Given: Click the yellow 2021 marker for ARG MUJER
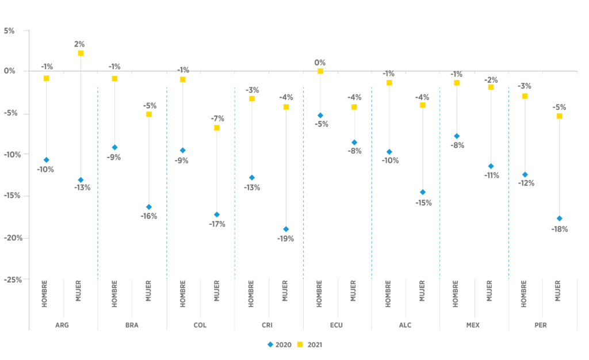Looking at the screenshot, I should point(81,53).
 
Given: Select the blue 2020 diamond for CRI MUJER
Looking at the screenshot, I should point(286,229).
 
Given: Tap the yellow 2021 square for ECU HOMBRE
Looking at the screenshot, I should point(320,71).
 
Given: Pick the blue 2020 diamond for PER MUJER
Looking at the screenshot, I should point(559,219).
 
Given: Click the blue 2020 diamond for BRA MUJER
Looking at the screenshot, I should point(149,207).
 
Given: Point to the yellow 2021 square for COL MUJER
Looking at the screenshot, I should point(217,128).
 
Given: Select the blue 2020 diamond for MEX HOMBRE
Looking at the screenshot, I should point(457,136).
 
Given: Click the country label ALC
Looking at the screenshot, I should point(406,325).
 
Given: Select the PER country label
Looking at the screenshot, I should point(541,325).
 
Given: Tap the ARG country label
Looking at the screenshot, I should point(63,325).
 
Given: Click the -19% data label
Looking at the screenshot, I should point(286,239).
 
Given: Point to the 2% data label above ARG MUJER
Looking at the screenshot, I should point(80,44).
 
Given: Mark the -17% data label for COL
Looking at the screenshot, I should point(217,224).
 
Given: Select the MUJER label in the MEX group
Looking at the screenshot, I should point(490,291).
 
